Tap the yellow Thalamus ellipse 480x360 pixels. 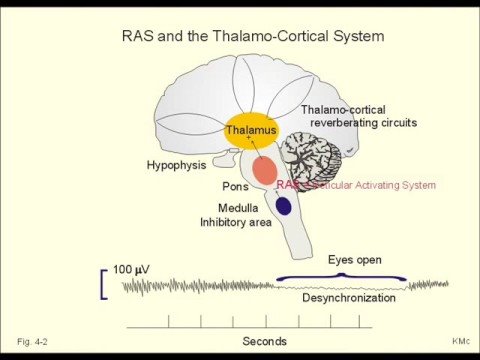(251, 134)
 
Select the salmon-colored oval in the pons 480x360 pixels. (265, 170)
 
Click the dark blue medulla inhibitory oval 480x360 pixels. (283, 206)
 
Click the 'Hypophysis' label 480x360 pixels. (176, 164)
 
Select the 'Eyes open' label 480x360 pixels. (355, 259)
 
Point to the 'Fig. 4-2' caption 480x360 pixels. (33, 341)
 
